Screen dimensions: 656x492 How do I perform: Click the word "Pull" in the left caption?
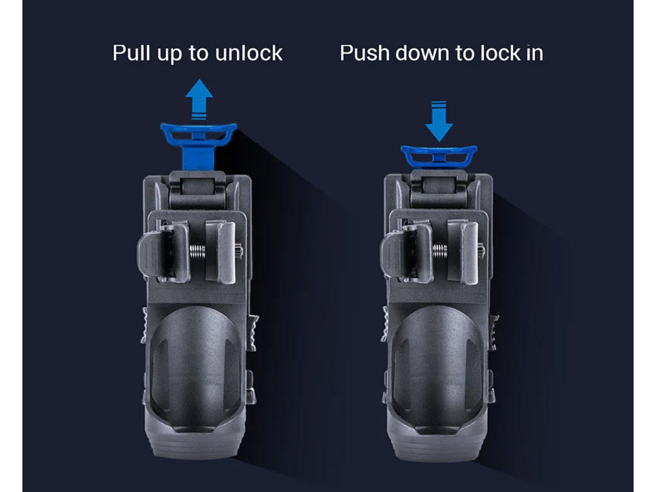coord(131,53)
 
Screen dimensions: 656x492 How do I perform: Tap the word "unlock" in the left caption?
coord(249,53)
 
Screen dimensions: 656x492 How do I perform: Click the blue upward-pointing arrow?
coord(199,99)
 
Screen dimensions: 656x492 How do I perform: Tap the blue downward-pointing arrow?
coord(439,121)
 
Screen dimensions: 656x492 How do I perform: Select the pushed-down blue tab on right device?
coord(439,156)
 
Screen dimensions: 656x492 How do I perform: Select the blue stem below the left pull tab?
coord(198,159)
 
